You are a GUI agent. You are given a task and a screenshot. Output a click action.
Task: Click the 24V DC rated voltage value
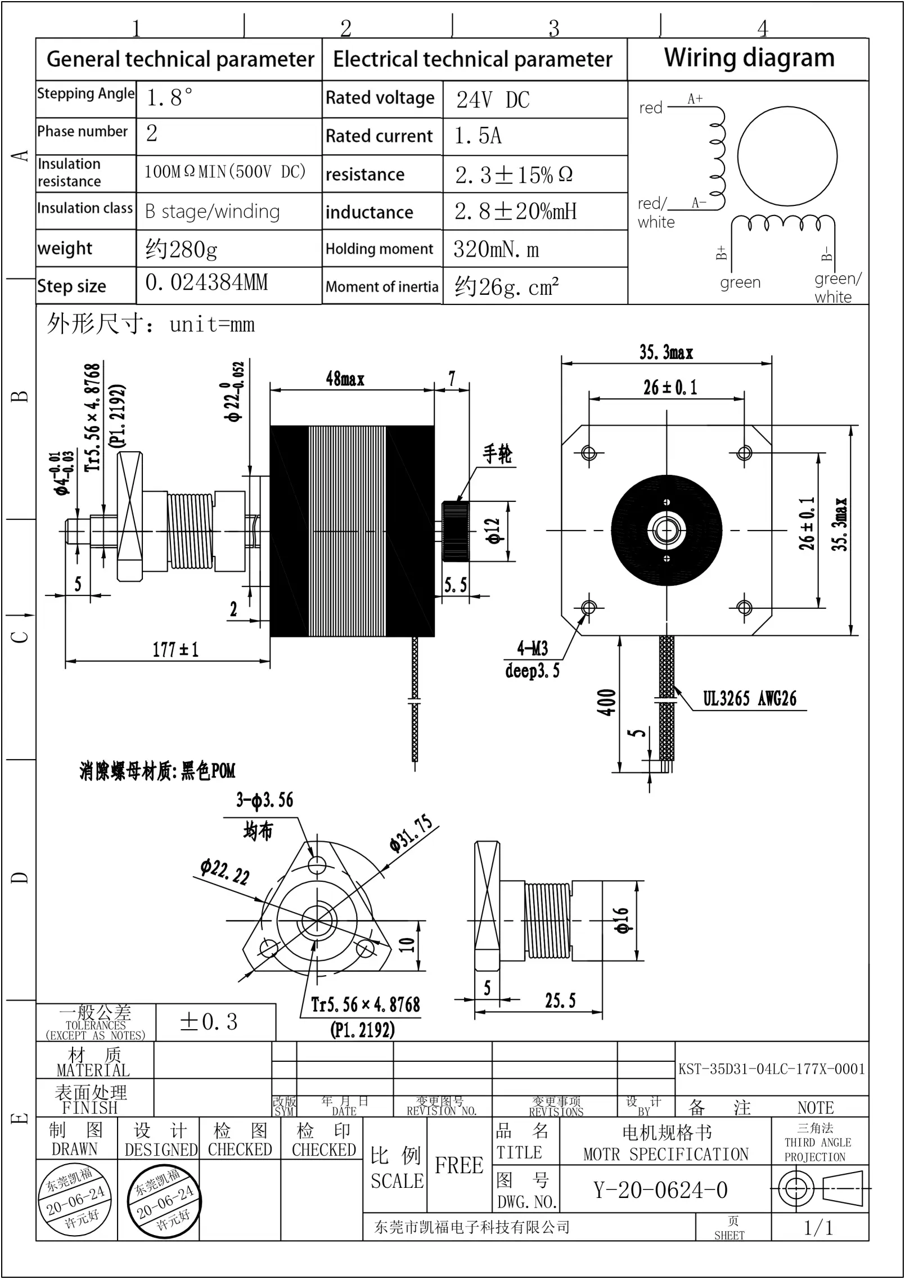493,100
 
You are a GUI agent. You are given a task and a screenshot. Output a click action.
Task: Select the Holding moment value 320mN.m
496,249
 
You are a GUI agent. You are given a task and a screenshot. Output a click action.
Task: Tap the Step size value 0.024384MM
206,282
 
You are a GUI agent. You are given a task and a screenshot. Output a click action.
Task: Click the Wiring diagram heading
749,59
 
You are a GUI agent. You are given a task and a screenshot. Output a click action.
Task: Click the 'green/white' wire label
836,287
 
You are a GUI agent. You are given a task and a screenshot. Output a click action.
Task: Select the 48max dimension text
345,379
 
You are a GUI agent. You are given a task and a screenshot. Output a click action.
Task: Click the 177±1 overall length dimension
175,650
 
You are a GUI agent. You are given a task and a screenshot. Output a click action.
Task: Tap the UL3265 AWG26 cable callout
749,699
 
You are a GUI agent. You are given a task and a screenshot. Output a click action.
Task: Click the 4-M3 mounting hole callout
532,649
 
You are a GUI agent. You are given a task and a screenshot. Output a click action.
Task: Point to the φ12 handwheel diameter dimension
493,531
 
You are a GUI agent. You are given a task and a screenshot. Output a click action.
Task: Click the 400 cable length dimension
607,702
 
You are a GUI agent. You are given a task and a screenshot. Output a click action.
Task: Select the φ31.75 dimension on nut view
411,834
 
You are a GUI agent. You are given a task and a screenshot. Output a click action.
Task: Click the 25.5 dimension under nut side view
560,1000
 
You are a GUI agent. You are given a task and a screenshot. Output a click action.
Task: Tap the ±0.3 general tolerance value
209,1022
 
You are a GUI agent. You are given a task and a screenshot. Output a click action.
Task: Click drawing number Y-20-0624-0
660,1191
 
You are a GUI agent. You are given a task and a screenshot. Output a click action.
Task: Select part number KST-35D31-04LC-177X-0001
771,1069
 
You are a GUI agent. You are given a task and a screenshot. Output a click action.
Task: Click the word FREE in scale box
459,1165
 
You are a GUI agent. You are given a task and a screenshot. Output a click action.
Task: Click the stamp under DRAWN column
75,1201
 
